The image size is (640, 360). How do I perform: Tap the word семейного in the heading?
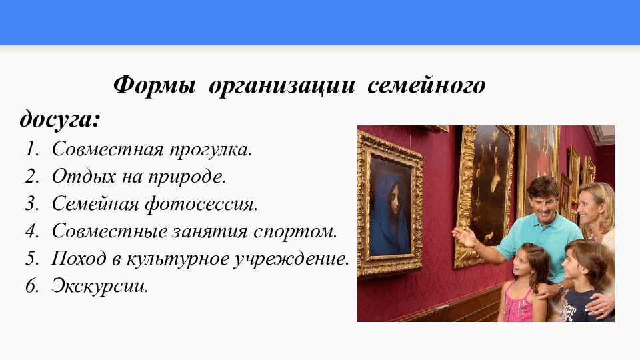425,86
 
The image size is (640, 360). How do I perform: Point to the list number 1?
31,149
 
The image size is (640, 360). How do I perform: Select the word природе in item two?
191,177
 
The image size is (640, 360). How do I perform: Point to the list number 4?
31,232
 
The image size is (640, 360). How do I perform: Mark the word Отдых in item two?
75,177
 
